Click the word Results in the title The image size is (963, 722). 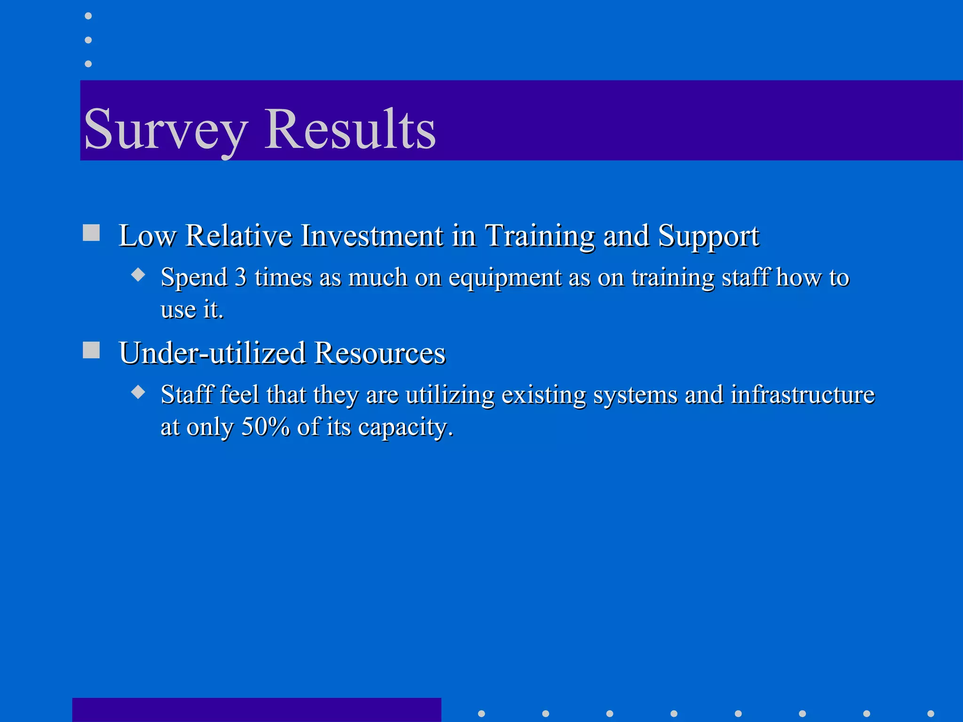(x=350, y=129)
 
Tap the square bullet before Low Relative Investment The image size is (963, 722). (x=91, y=233)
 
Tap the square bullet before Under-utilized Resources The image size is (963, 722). (x=91, y=350)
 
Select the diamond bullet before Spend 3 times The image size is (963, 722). (x=138, y=275)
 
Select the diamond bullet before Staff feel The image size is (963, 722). (x=138, y=392)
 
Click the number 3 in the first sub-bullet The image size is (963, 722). (x=240, y=277)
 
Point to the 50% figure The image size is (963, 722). (x=266, y=427)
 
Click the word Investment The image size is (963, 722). (x=371, y=235)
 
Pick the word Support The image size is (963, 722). (x=708, y=235)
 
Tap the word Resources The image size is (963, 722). (x=379, y=353)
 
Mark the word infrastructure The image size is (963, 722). (x=802, y=395)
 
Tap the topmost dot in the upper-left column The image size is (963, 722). (x=88, y=16)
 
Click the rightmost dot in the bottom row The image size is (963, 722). (x=931, y=714)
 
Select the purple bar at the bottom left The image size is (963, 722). (x=256, y=710)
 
